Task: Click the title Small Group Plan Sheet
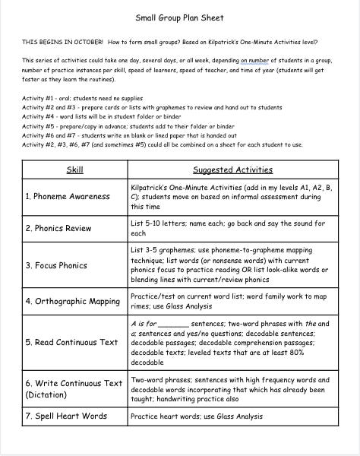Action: point(179,15)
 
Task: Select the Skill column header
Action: point(75,169)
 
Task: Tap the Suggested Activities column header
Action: point(232,169)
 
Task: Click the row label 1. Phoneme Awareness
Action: point(67,195)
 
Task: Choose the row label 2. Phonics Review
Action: point(58,228)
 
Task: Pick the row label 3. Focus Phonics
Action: point(56,266)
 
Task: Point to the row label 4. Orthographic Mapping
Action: point(73,301)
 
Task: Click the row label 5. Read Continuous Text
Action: point(72,342)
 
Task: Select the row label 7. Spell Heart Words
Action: point(66,416)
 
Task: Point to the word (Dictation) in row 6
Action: point(47,394)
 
